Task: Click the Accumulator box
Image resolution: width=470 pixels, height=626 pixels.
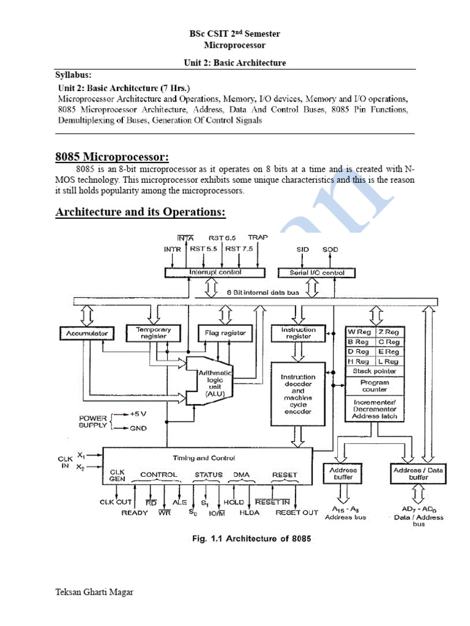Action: (86, 333)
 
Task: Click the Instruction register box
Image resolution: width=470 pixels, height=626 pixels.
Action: (298, 333)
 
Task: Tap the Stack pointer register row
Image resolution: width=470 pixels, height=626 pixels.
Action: (375, 371)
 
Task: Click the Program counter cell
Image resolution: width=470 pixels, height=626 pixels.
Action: (375, 386)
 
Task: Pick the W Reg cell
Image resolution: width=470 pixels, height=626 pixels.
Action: (359, 332)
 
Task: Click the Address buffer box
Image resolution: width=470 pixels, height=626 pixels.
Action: (343, 474)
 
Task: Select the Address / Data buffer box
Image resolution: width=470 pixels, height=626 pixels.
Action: (419, 474)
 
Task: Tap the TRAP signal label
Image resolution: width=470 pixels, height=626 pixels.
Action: (258, 237)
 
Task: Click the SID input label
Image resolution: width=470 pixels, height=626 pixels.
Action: (303, 249)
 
